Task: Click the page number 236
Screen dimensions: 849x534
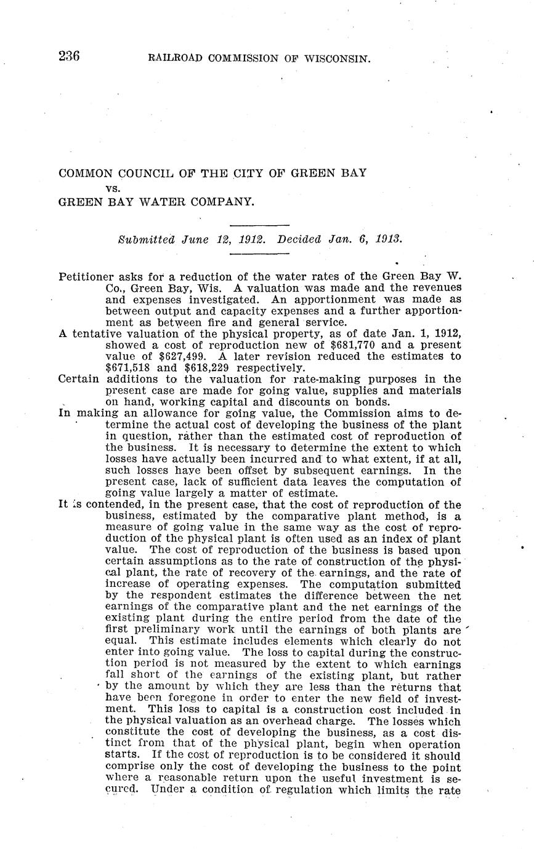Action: coord(69,57)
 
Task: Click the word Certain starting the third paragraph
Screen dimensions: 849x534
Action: coord(78,379)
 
